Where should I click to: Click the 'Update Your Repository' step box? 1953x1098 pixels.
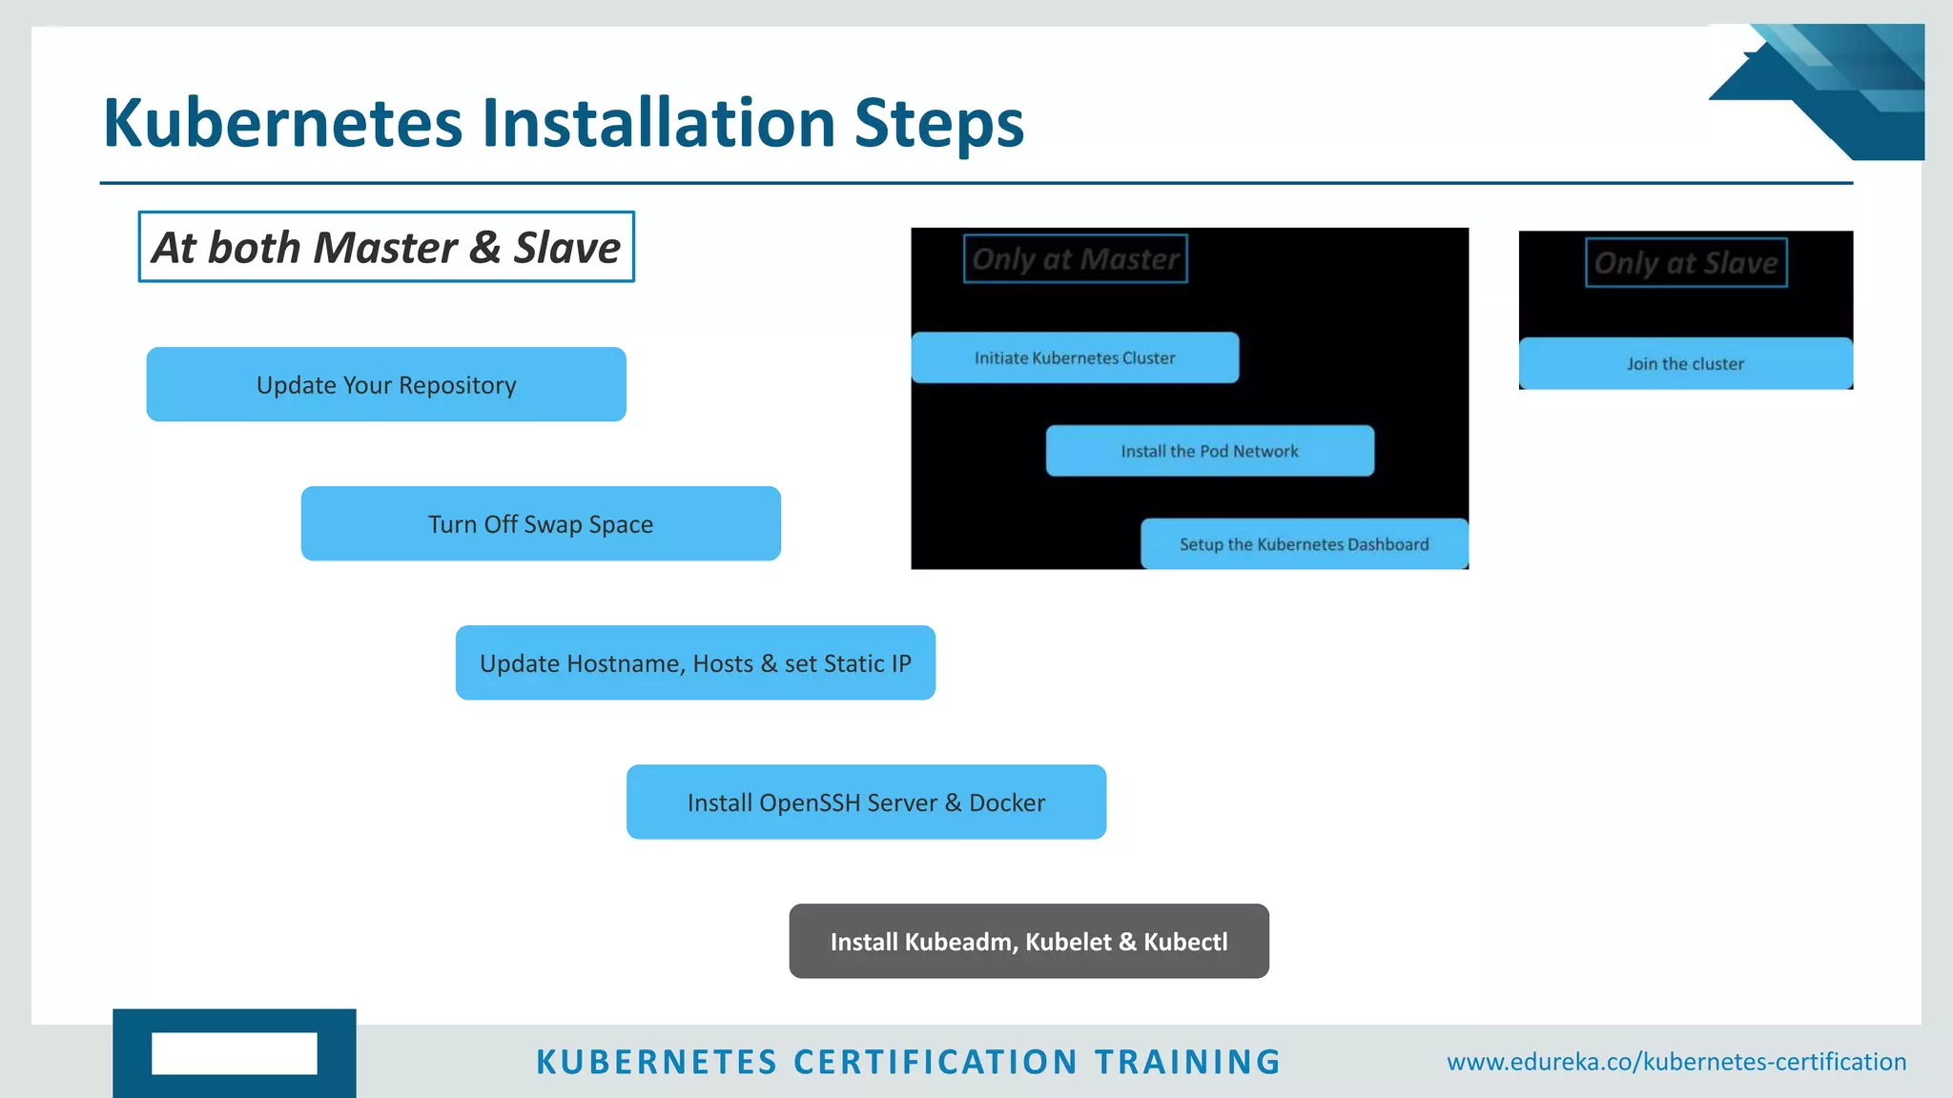[386, 384]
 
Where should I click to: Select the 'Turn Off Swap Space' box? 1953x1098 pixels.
[541, 523]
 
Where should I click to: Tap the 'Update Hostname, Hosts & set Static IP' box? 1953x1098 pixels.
[695, 662]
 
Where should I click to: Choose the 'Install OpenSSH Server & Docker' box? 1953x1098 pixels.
[866, 802]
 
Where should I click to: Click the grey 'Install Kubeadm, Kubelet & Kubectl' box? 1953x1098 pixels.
[1029, 941]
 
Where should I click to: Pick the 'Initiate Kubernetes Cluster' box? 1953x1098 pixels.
[1075, 357]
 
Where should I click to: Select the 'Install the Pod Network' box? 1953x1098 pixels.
[1209, 451]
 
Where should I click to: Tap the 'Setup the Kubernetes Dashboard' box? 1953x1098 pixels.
[1304, 544]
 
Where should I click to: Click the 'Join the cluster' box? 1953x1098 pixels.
[1685, 363]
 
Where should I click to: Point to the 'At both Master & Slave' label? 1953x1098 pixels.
[386, 247]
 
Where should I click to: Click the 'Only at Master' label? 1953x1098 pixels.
[1075, 259]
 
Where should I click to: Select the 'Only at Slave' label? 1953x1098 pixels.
[1686, 263]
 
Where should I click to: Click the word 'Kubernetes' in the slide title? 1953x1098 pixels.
[282, 124]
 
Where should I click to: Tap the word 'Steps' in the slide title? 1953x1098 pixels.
[938, 124]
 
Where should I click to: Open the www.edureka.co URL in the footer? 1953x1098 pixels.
[1675, 1062]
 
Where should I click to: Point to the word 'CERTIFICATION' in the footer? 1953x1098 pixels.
[935, 1062]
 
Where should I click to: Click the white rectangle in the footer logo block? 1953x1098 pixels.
[235, 1053]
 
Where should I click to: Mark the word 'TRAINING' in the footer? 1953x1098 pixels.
[1187, 1062]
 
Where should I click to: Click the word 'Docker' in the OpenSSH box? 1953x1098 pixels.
[1007, 803]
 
